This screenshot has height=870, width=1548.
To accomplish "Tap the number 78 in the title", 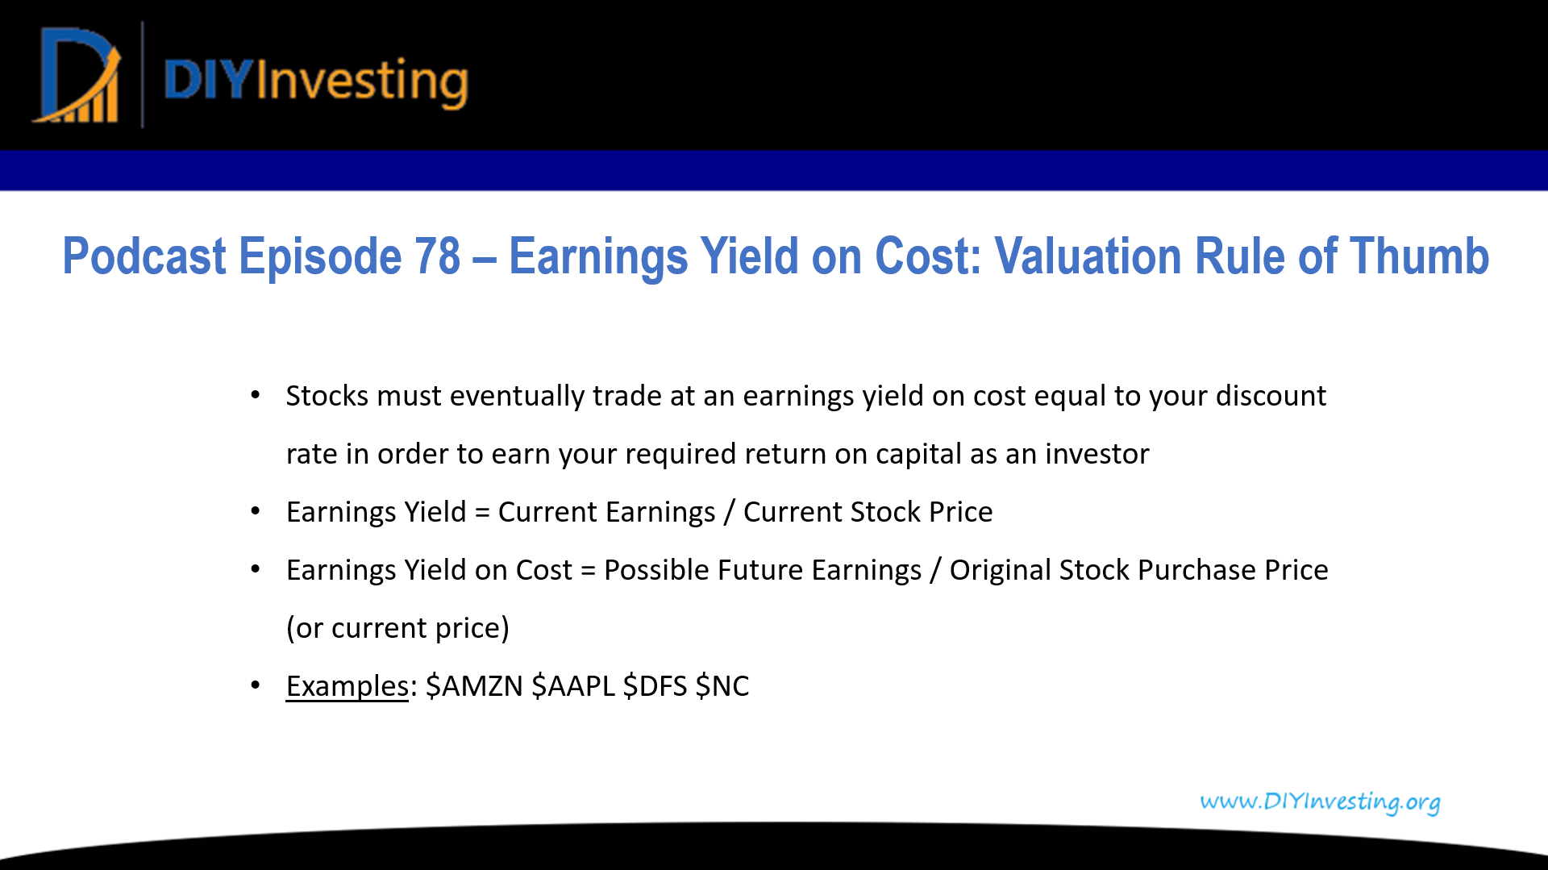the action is (437, 256).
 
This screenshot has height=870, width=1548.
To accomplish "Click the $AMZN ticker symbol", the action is (474, 686).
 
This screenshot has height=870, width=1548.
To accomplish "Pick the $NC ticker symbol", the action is (722, 686).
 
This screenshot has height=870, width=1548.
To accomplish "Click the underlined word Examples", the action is (347, 686).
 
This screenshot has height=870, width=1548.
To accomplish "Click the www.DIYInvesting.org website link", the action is (1320, 801).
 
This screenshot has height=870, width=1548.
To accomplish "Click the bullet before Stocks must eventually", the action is (256, 395).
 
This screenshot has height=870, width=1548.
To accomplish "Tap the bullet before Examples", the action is (256, 685).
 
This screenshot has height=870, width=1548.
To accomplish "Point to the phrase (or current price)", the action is (397, 628).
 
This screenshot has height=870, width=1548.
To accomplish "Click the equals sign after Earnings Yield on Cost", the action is (588, 571).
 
